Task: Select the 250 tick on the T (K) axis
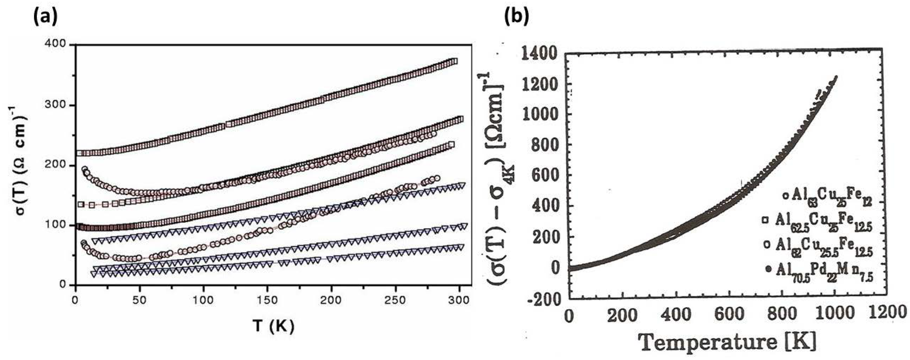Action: click(395, 301)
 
